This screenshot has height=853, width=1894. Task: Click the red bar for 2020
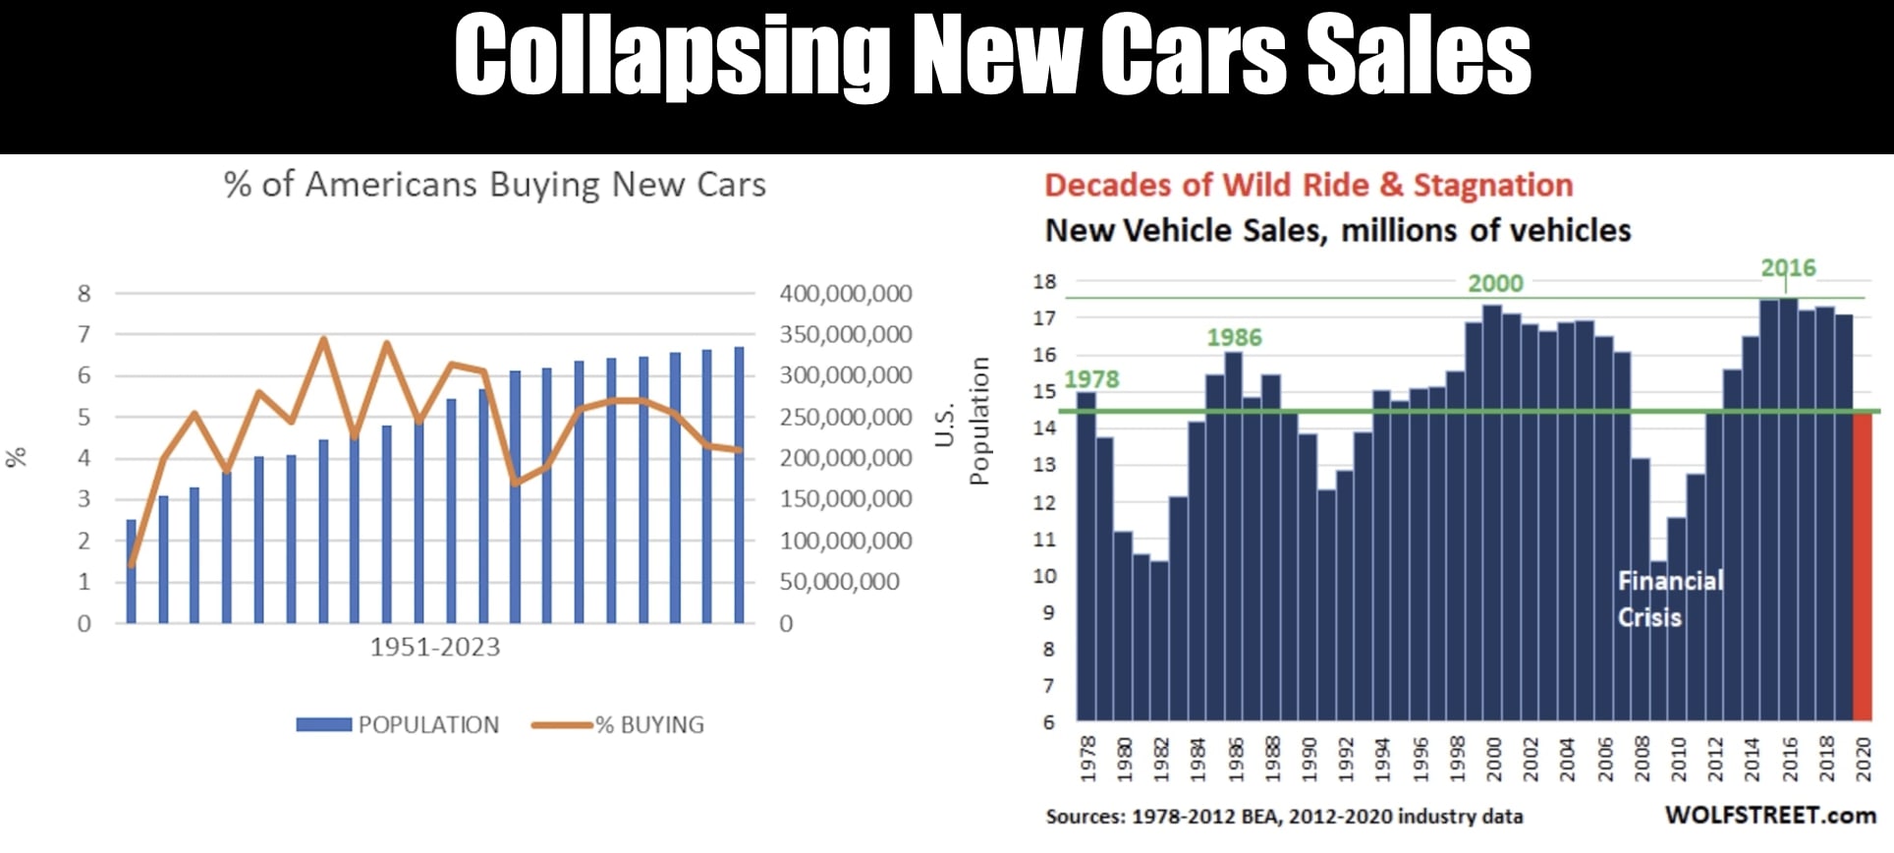[1863, 566]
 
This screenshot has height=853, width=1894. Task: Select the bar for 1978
[1086, 556]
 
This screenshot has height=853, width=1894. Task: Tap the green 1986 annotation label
[1234, 337]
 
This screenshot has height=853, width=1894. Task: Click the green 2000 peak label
[1495, 283]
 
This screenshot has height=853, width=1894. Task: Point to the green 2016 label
[1788, 267]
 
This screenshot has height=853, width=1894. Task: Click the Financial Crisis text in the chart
[1669, 598]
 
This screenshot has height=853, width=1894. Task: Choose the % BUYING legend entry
[619, 724]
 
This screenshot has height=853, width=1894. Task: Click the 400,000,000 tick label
[845, 293]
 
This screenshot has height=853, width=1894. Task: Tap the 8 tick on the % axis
[84, 293]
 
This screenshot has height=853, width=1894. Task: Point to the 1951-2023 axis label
[434, 647]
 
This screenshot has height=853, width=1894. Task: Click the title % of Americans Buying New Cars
[494, 185]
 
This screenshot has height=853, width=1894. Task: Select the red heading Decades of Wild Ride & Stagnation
[1308, 185]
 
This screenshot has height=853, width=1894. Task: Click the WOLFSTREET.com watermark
[1770, 815]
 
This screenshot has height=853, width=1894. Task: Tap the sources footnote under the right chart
[1284, 816]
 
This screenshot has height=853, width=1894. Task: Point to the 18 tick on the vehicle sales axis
[1044, 281]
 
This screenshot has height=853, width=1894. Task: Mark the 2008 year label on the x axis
[1642, 759]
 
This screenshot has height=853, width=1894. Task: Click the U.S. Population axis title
[962, 421]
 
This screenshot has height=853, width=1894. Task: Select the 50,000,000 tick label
[839, 582]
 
